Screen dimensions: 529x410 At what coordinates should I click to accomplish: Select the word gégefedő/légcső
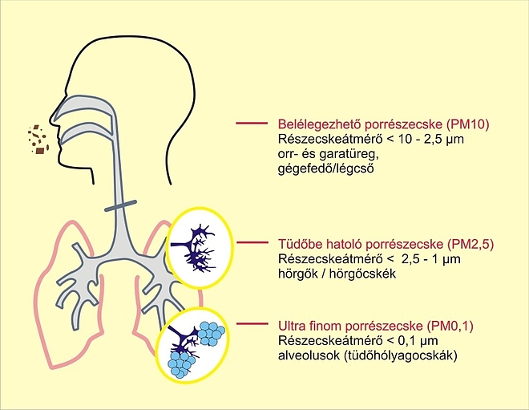coord(326,168)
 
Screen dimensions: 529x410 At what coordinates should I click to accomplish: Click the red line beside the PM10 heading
coord(252,124)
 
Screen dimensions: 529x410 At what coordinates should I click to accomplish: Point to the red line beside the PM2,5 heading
coord(252,242)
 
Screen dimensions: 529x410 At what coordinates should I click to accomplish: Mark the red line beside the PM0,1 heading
coord(252,323)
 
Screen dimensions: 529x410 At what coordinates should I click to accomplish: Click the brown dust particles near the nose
coord(38,140)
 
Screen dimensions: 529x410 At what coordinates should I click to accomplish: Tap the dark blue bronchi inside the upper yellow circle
coord(194,248)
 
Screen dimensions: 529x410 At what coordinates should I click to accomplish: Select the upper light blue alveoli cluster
coord(211,334)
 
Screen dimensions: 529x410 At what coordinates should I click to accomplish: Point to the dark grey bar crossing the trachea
coord(120,205)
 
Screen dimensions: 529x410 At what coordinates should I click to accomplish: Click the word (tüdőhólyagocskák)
coord(401,355)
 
